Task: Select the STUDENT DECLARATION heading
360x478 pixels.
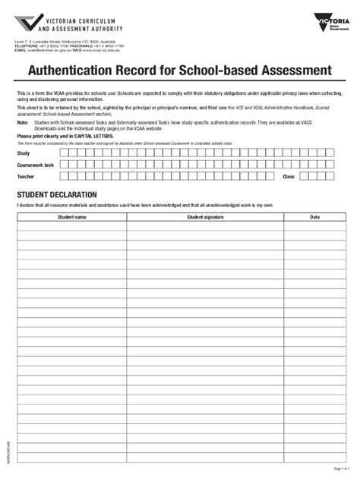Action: tap(55, 195)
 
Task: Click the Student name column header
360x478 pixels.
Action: tap(72, 216)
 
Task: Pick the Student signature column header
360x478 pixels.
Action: tap(205, 216)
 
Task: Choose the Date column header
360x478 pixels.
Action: tap(314, 216)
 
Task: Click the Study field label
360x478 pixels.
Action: tap(24, 153)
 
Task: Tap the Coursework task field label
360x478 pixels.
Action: tap(36, 164)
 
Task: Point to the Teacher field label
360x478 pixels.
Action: tap(26, 176)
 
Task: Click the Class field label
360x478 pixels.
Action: tap(288, 176)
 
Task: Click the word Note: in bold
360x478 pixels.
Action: tap(23, 121)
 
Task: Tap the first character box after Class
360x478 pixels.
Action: tap(303, 176)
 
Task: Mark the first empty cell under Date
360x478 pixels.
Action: tap(314, 225)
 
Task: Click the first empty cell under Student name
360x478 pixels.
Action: tap(72, 225)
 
